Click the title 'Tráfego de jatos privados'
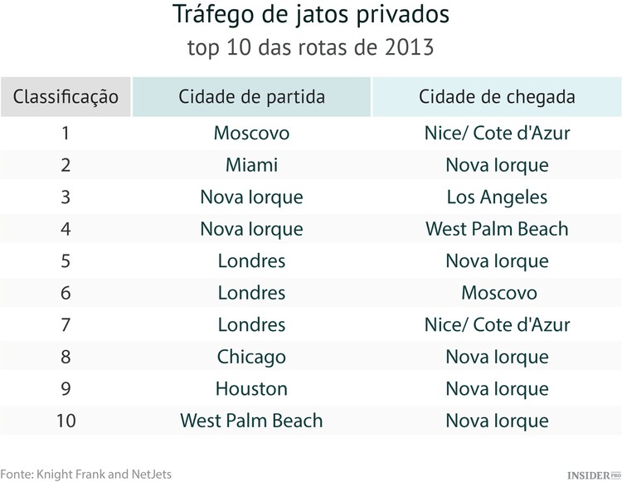[x=311, y=15]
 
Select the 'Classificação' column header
[x=66, y=96]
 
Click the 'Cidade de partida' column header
[x=251, y=96]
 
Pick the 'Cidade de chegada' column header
[x=497, y=96]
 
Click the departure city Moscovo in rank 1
[x=251, y=133]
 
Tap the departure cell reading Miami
[x=251, y=165]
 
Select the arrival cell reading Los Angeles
[x=497, y=197]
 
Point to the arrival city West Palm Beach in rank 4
[x=497, y=229]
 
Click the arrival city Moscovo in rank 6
[x=497, y=293]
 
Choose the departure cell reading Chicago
[x=251, y=357]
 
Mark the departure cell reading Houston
[x=251, y=388]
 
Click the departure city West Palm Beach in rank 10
[x=251, y=421]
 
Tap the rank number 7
[x=66, y=324]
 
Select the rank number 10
[x=66, y=421]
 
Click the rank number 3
[x=66, y=197]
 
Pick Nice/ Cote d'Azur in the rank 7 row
[x=497, y=324]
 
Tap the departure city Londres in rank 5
[x=251, y=260]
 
